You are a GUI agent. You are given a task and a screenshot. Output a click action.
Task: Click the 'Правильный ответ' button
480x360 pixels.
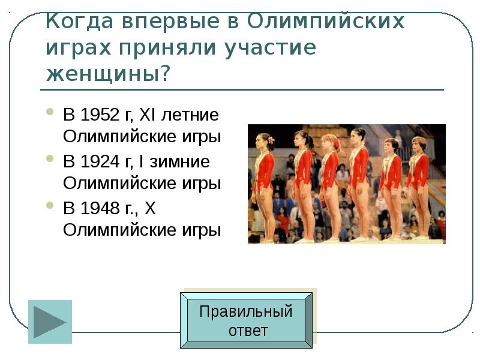pos(246,320)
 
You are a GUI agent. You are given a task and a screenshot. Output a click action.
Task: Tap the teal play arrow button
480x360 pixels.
pos(50,322)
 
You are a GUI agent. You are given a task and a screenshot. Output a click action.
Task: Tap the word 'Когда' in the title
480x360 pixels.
pos(80,22)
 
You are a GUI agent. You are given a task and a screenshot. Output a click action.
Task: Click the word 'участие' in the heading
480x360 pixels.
pos(270,48)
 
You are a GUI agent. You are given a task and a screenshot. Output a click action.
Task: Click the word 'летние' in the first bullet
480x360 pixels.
pos(191,114)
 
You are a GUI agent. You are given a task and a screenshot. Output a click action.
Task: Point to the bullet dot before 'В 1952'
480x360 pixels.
pos(50,112)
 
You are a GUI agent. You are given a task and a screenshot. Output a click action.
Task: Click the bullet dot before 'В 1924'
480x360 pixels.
pos(50,160)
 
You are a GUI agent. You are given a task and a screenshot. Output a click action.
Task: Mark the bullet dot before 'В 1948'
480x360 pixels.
pos(50,206)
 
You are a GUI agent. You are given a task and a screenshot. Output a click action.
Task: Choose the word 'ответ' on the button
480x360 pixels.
pos(248,331)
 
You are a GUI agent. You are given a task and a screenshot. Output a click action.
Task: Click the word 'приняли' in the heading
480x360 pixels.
pos(164,48)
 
